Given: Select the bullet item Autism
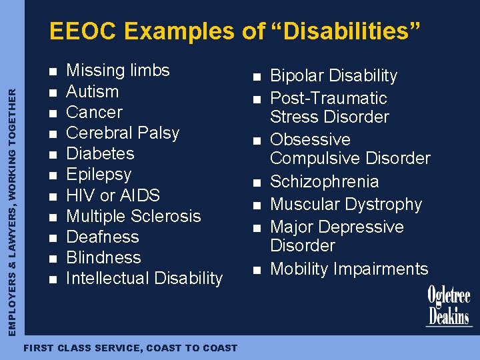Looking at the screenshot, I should click(93, 91).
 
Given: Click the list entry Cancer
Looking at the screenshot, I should click(95, 112).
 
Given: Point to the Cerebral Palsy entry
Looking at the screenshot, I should click(123, 133).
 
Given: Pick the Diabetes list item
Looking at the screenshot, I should click(100, 153).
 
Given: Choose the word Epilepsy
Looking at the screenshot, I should click(99, 175).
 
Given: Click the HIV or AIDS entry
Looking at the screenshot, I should click(113, 195).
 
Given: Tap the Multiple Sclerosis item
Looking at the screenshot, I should click(133, 216).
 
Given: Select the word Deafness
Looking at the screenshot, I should click(103, 237).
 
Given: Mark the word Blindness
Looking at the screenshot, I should click(103, 257).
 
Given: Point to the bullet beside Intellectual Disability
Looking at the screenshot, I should click(53, 279).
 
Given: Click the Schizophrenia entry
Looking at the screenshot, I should click(324, 181).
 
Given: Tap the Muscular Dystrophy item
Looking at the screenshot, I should click(346, 204).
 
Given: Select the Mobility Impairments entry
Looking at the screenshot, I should click(349, 269).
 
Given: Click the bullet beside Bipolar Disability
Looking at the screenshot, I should click(255, 77).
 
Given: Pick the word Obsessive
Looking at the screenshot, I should click(310, 139).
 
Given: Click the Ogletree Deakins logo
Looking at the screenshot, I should click(449, 306).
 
